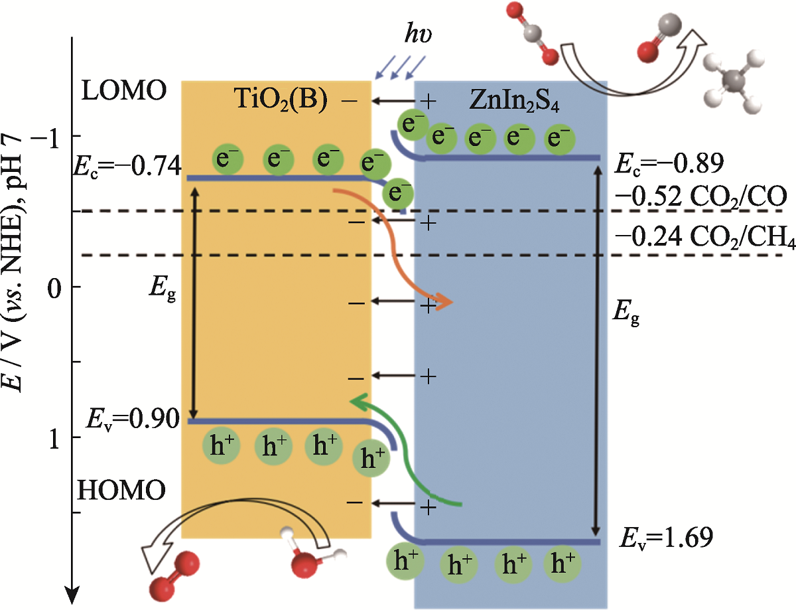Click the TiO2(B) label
(x=282, y=100)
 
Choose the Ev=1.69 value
(x=666, y=534)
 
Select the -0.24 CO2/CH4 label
(x=704, y=236)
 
